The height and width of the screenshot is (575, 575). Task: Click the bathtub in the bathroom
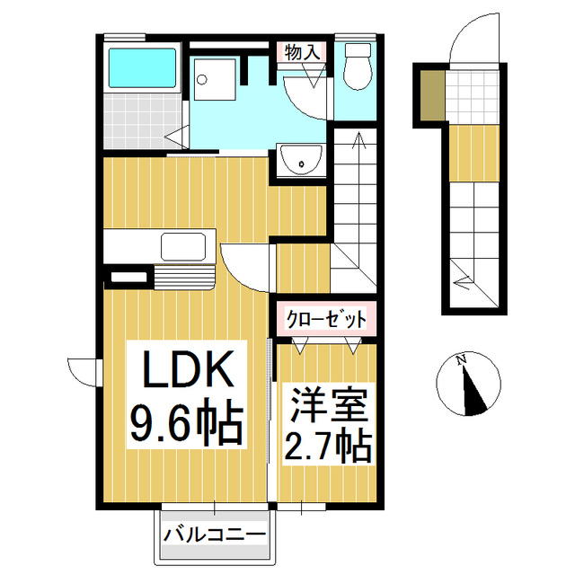(142, 68)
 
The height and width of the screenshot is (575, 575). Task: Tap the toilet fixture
(358, 66)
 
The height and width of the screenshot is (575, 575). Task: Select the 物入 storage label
(303, 52)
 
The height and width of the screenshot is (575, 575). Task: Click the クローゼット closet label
(326, 320)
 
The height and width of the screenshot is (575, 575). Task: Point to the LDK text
(189, 369)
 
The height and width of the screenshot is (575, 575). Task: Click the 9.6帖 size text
(187, 424)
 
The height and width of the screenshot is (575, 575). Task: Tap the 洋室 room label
(330, 405)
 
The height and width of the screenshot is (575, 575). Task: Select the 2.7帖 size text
(328, 447)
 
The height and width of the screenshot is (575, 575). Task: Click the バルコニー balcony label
(215, 535)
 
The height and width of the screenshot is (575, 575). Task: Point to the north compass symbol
(468, 384)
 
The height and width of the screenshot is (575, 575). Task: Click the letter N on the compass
(461, 359)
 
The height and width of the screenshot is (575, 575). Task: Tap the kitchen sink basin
(183, 246)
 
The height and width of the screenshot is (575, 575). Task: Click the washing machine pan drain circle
(201, 80)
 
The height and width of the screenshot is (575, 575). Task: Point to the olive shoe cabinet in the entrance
(432, 95)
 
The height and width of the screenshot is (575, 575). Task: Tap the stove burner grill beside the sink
(184, 278)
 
